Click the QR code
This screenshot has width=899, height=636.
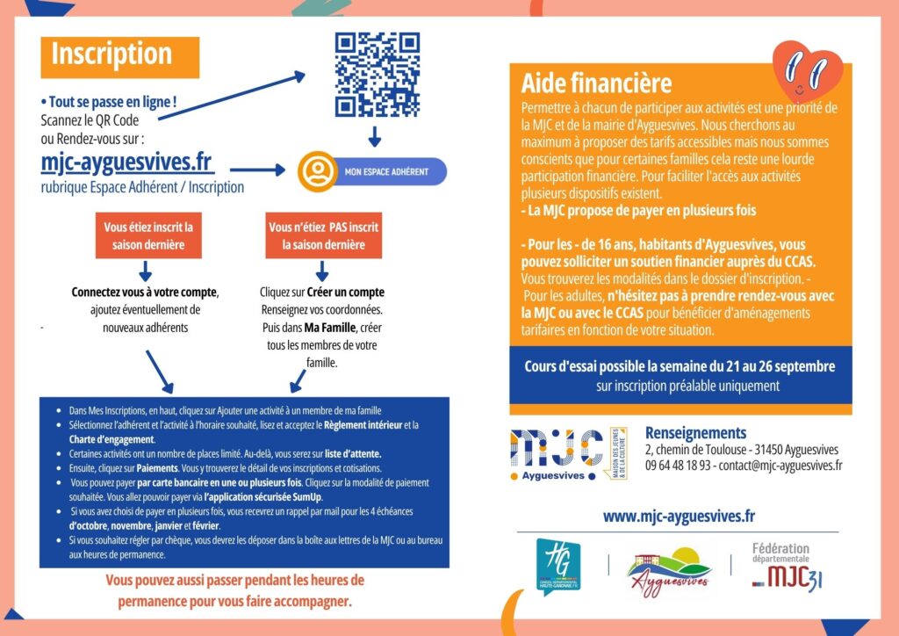pyautogui.click(x=378, y=75)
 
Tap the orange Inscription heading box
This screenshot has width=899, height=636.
pyautogui.click(x=119, y=57)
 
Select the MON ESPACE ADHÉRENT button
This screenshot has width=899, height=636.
pyautogui.click(x=372, y=171)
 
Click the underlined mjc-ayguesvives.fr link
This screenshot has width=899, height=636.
pyautogui.click(x=127, y=163)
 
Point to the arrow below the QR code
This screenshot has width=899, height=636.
pyautogui.click(x=374, y=136)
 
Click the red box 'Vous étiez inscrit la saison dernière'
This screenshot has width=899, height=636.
pyautogui.click(x=148, y=235)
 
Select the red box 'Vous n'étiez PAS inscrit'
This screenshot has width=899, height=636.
pyautogui.click(x=323, y=235)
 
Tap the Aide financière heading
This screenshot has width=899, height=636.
pyautogui.click(x=596, y=83)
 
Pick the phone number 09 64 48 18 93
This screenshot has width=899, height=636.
pyautogui.click(x=678, y=465)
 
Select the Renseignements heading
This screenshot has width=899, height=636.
pyautogui.click(x=696, y=433)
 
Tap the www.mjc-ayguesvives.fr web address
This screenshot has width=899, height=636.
pyautogui.click(x=679, y=517)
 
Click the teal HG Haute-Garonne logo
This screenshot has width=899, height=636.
pyautogui.click(x=557, y=566)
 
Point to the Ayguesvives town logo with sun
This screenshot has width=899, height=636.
pyautogui.click(x=669, y=571)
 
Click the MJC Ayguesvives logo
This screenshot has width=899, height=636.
pyautogui.click(x=568, y=453)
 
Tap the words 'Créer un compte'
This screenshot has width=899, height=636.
pyautogui.click(x=346, y=292)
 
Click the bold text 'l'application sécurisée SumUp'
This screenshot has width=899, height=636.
pyautogui.click(x=263, y=497)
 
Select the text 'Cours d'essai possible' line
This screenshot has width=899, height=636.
pyautogui.click(x=680, y=366)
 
